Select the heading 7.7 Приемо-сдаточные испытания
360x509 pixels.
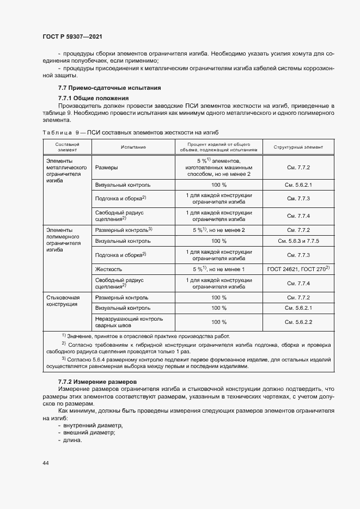[x=109, y=88]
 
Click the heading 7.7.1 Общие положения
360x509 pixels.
[x=93, y=98]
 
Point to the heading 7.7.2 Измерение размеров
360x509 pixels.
[x=98, y=383]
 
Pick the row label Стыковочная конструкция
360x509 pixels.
[x=63, y=301]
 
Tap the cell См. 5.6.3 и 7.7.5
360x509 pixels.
[x=298, y=241]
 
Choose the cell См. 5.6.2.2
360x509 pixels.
[x=298, y=322]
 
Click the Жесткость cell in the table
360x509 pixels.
[x=108, y=269]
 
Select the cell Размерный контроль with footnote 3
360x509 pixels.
[x=123, y=230]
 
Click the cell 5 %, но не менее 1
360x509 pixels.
[x=219, y=269]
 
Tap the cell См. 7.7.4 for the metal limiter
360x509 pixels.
[x=298, y=216]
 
